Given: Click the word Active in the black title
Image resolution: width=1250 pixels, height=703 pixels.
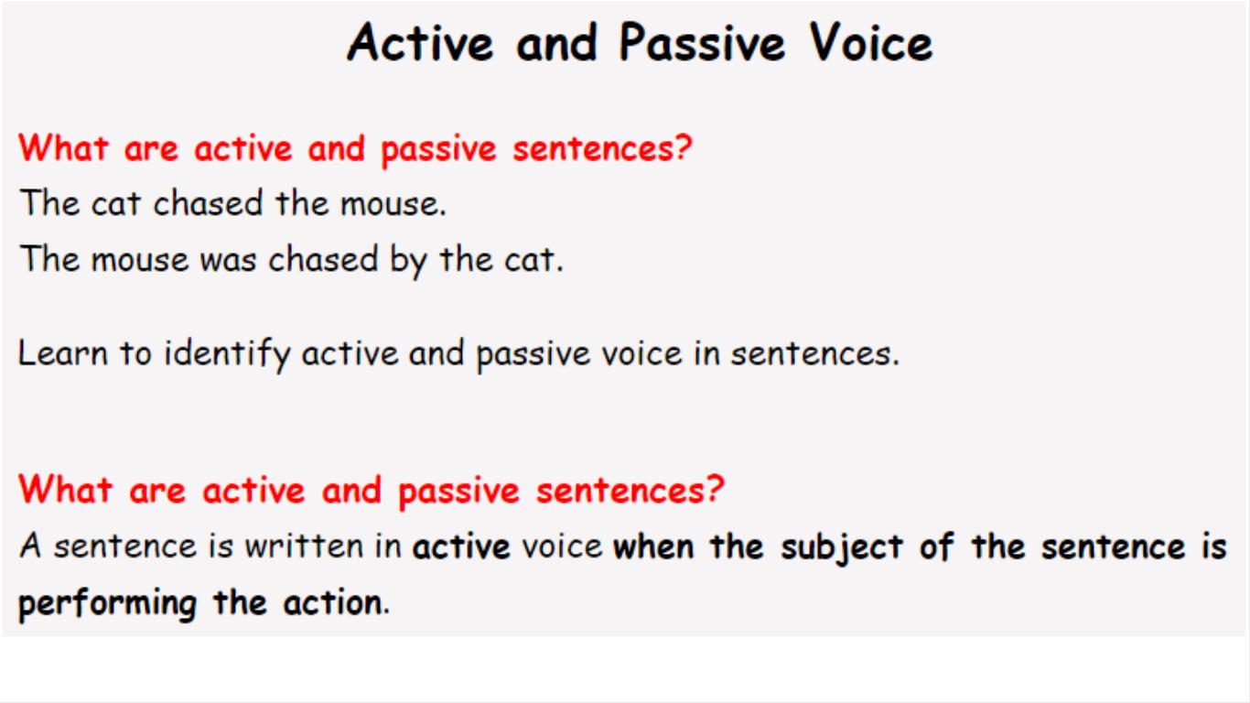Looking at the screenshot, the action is tap(421, 42).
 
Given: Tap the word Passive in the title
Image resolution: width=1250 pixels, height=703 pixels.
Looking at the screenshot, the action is tap(703, 42).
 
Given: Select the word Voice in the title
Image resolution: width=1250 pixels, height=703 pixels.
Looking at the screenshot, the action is tap(871, 42).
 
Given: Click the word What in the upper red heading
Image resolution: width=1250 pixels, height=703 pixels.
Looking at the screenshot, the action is tap(63, 148).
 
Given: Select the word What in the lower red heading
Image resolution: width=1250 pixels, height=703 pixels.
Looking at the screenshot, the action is tap(65, 489).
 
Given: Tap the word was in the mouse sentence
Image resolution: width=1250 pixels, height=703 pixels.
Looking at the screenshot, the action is tap(228, 260).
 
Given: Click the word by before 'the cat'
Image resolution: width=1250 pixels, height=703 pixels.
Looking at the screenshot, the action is tap(408, 260).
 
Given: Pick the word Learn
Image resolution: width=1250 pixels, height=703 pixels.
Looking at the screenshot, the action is tap(62, 353).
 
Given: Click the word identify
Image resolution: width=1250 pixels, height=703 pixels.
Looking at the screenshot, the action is tap(227, 354).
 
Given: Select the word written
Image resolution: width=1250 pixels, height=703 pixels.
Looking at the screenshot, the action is tap(304, 546).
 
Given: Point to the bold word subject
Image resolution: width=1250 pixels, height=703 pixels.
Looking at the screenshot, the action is tap(842, 546).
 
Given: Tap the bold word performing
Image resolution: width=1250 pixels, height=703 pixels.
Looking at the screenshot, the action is tap(108, 604).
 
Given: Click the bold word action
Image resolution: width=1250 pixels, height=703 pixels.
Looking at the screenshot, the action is tap(337, 602).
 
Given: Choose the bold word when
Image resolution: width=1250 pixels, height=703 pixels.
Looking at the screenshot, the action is tap(653, 546).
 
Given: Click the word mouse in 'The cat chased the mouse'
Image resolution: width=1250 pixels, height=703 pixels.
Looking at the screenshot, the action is tap(393, 204).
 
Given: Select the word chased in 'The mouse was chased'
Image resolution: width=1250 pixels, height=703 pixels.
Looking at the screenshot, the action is tap(323, 259).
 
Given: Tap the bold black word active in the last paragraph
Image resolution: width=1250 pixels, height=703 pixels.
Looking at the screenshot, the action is tap(461, 546).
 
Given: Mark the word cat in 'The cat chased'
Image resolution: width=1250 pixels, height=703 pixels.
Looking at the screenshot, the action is tap(115, 203).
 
